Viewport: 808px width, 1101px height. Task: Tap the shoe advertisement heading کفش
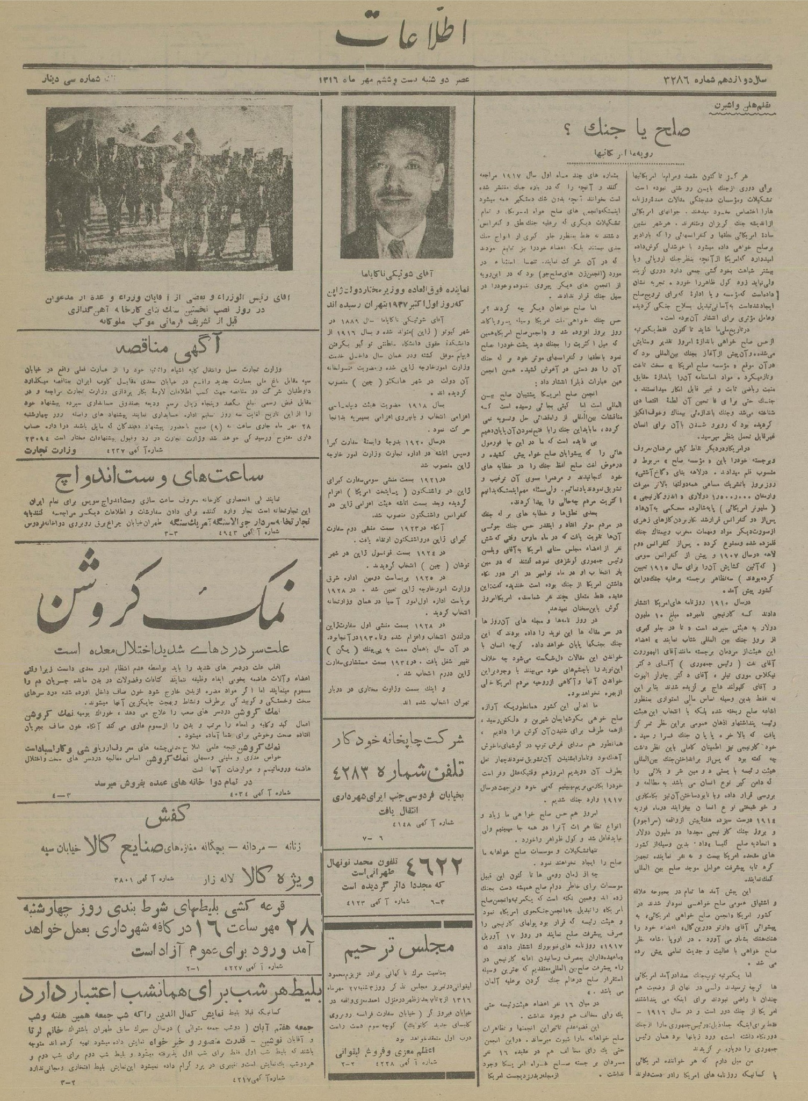(x=167, y=824)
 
